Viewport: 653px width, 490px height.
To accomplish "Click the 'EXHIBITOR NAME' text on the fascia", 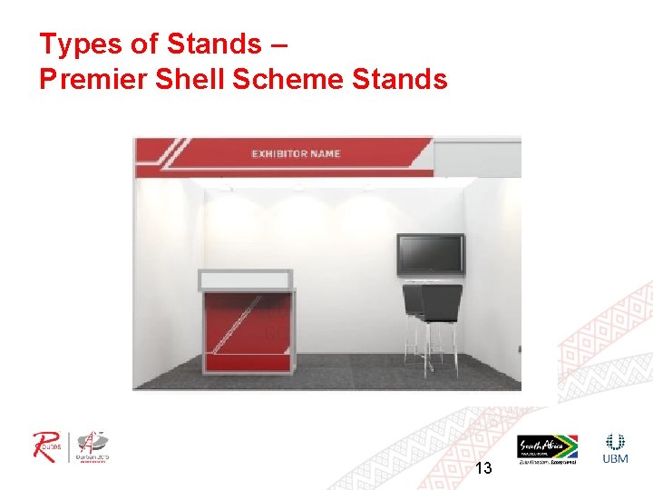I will coord(296,154).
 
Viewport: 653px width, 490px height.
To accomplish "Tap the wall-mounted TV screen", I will coord(430,255).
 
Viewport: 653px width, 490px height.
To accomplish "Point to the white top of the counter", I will coord(246,279).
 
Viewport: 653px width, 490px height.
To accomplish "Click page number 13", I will coord(483,468).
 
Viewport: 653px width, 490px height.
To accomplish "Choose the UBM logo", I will coord(615,448).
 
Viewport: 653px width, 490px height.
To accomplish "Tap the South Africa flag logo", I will coord(547,447).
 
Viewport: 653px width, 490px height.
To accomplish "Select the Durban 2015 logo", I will coord(93,446).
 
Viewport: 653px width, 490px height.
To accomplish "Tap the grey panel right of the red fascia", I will coord(477,156).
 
